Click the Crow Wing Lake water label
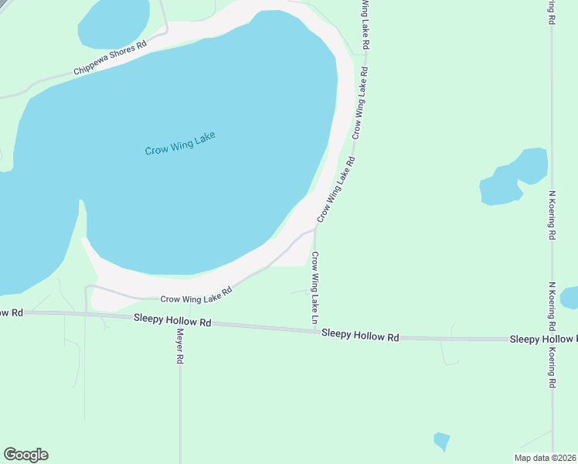(x=180, y=143)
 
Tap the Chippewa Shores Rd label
(x=110, y=59)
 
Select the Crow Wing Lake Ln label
(x=315, y=288)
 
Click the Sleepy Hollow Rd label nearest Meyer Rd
(x=172, y=319)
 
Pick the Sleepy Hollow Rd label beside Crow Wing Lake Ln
(x=360, y=335)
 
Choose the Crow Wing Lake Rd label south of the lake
(x=196, y=295)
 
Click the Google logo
(x=25, y=455)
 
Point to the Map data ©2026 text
(x=546, y=458)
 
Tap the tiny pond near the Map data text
(x=441, y=441)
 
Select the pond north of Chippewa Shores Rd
(x=114, y=22)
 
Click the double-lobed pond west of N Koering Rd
(x=515, y=177)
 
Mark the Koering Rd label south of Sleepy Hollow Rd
(x=552, y=367)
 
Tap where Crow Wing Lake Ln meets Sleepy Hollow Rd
(x=315, y=332)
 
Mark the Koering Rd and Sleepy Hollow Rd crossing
(x=552, y=339)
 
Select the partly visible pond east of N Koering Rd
(x=569, y=297)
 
